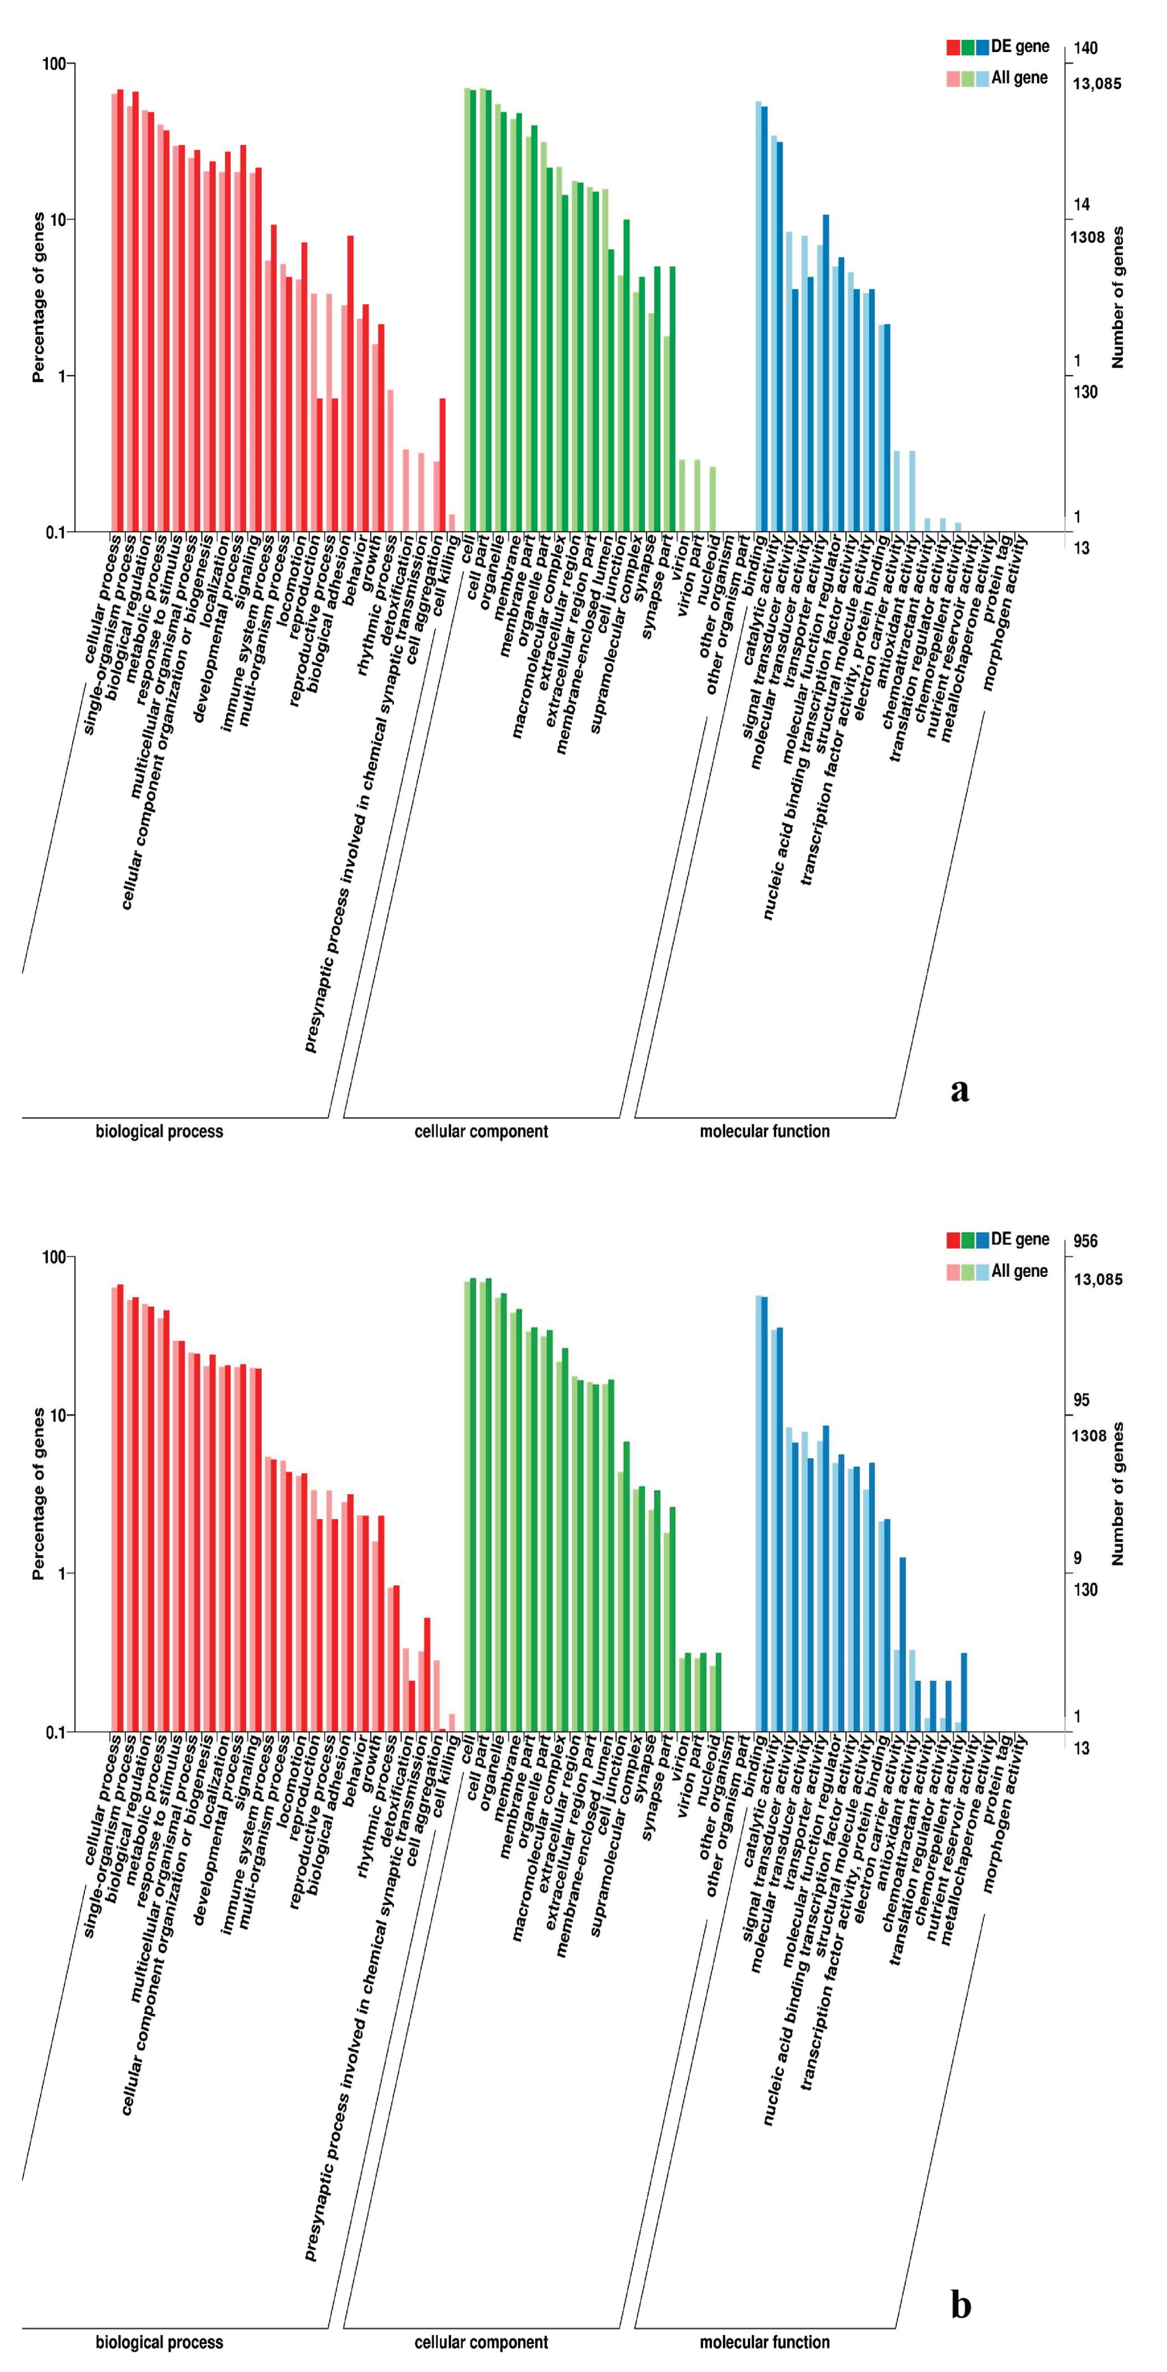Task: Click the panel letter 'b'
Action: tap(960, 2305)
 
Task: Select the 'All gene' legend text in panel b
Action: tap(1019, 1270)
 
